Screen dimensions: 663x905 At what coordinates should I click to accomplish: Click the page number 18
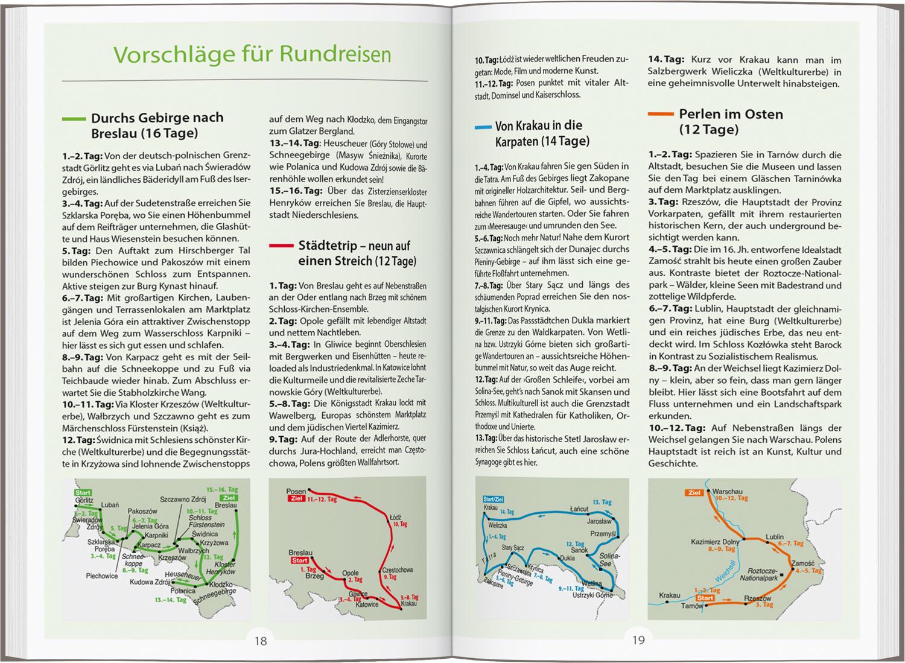coord(260,641)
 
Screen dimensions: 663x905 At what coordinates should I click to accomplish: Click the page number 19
coord(638,641)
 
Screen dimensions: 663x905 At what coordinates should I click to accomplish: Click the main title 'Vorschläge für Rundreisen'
coord(252,54)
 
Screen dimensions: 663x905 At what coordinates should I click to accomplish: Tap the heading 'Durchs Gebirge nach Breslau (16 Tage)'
coord(157,125)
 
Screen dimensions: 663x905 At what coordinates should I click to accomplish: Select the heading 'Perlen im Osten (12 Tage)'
coord(730,121)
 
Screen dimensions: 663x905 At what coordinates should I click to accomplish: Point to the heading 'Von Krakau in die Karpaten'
coord(538,133)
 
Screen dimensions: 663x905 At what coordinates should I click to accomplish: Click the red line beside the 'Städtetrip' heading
coord(281,246)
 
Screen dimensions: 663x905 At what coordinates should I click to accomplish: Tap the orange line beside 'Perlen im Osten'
coord(661,113)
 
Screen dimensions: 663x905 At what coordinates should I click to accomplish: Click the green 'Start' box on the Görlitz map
coord(83,493)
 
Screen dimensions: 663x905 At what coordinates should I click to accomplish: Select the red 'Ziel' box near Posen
coord(296,499)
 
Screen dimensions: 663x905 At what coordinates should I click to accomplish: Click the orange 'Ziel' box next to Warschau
coord(694,492)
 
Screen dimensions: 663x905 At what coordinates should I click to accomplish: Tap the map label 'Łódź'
coord(395,517)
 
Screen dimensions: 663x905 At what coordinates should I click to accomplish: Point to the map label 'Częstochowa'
coord(397,569)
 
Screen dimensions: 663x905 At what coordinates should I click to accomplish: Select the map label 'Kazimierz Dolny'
coord(716,542)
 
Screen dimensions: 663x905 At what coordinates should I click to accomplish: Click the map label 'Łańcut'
coord(579,509)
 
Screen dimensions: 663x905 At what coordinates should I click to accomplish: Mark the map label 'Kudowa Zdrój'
coord(149,582)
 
